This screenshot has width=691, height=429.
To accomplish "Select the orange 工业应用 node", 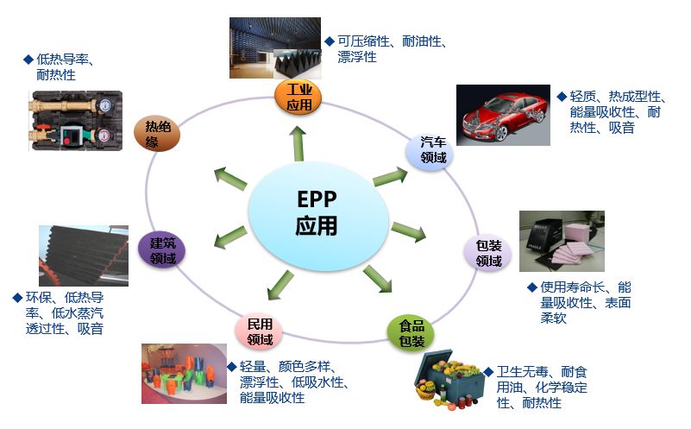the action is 298,98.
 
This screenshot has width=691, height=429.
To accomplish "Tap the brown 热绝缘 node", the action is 157,134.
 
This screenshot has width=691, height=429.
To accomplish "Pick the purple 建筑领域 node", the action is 161,250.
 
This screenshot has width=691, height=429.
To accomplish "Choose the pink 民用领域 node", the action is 259,331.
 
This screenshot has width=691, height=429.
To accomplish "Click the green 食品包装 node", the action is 411,333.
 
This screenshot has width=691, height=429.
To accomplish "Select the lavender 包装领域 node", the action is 488,253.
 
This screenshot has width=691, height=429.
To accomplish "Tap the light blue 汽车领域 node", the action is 430,151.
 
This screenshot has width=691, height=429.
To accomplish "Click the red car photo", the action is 503,115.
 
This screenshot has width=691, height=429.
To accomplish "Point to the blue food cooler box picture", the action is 448,379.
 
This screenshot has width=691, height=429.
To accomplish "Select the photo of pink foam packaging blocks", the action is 562,241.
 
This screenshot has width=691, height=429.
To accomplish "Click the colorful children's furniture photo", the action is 185,374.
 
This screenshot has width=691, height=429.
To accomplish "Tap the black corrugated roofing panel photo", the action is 84,256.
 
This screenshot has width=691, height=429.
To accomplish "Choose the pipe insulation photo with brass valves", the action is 76,121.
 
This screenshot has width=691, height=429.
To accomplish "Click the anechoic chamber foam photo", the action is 275,48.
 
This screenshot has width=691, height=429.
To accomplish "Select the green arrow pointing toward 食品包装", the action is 377,279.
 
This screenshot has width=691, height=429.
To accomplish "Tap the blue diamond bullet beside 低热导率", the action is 28,59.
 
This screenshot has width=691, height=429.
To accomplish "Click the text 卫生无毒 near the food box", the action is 522,372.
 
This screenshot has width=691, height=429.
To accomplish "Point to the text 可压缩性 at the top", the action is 363,41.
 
